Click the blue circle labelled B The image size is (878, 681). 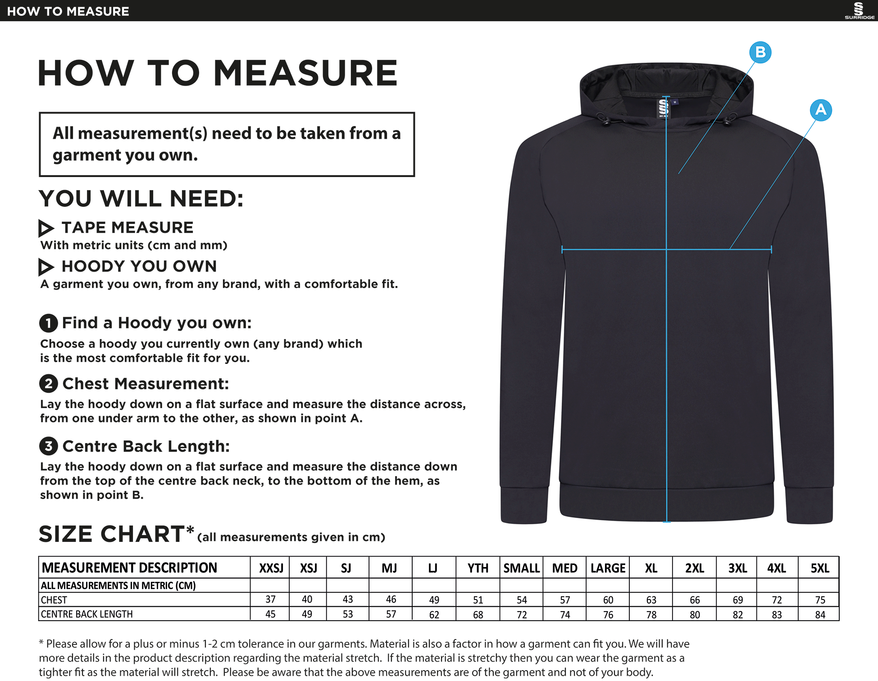point(760,52)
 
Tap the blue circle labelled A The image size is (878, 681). point(821,110)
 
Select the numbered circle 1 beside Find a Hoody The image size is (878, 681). point(48,323)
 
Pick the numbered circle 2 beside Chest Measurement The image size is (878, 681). point(48,384)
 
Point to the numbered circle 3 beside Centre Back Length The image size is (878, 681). point(48,446)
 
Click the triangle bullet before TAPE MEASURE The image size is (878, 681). point(45,228)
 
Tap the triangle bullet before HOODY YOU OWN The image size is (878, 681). point(45,267)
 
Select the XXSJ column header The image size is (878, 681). point(271,568)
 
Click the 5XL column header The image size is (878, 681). point(820,568)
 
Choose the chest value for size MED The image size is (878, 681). point(565,600)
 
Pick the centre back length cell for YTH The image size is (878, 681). point(478,614)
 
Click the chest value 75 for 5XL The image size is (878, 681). point(820,600)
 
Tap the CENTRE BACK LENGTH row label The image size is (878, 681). point(87,614)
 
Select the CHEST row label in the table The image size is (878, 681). point(54,600)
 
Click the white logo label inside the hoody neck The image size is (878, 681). point(664,109)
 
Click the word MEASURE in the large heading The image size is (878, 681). point(305,73)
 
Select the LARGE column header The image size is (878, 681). point(608,568)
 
